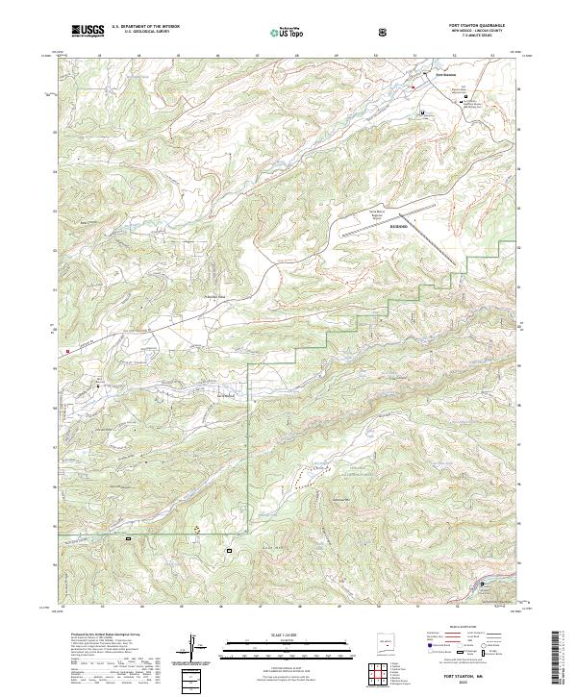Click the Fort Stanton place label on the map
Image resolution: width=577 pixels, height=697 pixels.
(444, 73)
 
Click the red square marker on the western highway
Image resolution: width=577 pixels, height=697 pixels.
(68, 352)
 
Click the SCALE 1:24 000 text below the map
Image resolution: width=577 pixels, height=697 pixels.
(275, 632)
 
